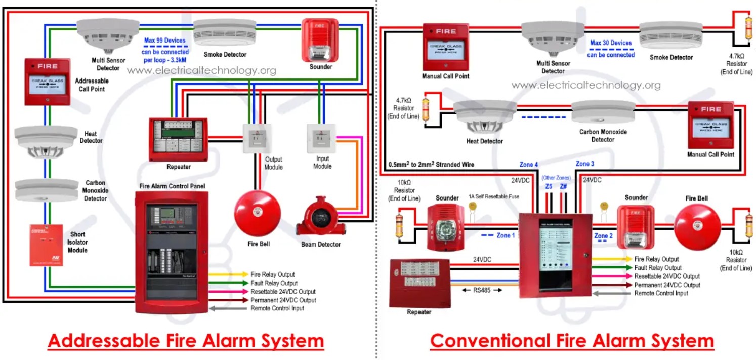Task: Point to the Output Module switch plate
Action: click(258, 138)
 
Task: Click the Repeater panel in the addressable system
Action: click(178, 138)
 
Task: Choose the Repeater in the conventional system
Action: click(419, 283)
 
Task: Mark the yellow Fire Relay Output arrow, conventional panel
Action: click(611, 259)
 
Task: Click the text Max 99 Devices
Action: click(165, 41)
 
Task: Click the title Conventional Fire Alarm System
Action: click(572, 341)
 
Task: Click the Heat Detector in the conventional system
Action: click(485, 115)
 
